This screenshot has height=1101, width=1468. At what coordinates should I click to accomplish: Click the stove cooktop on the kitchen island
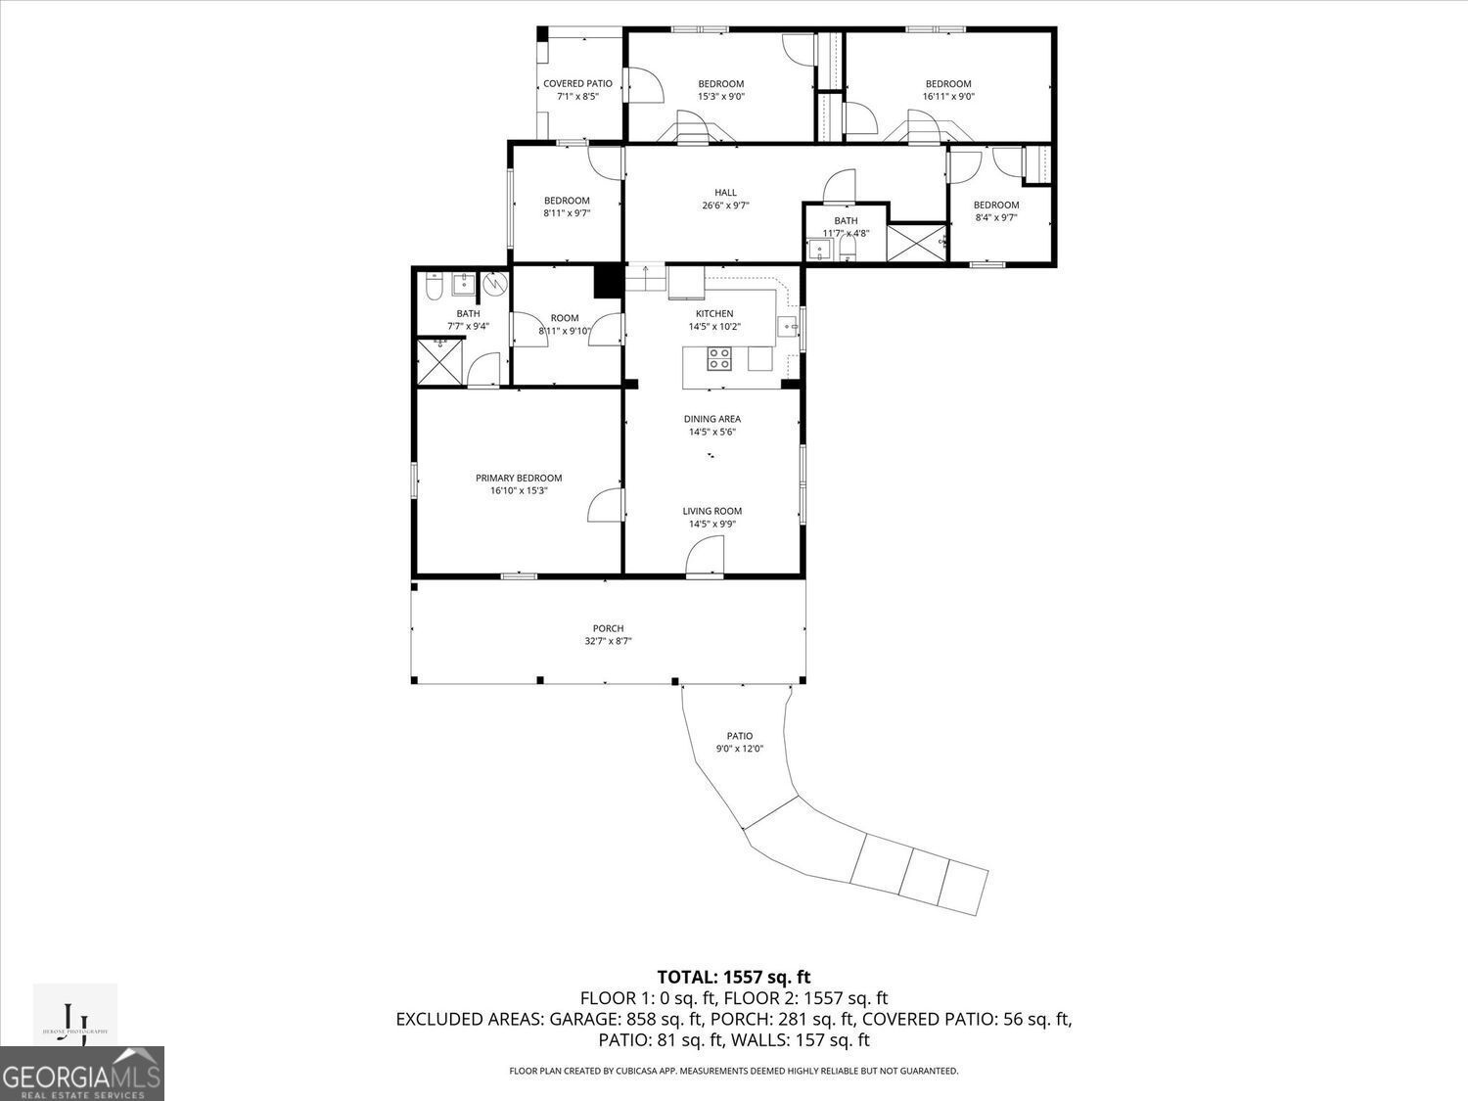pyautogui.click(x=719, y=359)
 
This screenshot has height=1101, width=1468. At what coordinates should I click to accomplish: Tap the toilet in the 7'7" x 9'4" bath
pyautogui.click(x=435, y=286)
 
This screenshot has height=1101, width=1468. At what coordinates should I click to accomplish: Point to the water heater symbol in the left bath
pyautogui.click(x=496, y=285)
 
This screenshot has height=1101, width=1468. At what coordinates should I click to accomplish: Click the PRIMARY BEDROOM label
pyautogui.click(x=519, y=478)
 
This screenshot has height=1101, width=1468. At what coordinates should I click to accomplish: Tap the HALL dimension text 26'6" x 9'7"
pyautogui.click(x=725, y=206)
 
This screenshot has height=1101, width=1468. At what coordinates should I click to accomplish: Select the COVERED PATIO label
pyautogui.click(x=577, y=83)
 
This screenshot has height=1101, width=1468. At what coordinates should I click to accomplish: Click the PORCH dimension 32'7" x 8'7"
pyautogui.click(x=608, y=642)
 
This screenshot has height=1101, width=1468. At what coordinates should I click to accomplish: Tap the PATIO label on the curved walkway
pyautogui.click(x=739, y=736)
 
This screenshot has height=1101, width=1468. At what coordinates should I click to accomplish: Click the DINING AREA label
pyautogui.click(x=711, y=419)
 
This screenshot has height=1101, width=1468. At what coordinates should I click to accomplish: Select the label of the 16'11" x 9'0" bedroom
pyautogui.click(x=947, y=83)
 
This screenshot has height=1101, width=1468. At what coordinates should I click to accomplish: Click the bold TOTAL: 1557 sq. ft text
pyautogui.click(x=733, y=977)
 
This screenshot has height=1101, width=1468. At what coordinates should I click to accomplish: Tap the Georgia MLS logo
pyautogui.click(x=82, y=1075)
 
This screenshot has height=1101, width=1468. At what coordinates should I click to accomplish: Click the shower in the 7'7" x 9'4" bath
pyautogui.click(x=439, y=362)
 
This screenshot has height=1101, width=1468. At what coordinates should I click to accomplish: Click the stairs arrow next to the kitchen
pyautogui.click(x=645, y=277)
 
